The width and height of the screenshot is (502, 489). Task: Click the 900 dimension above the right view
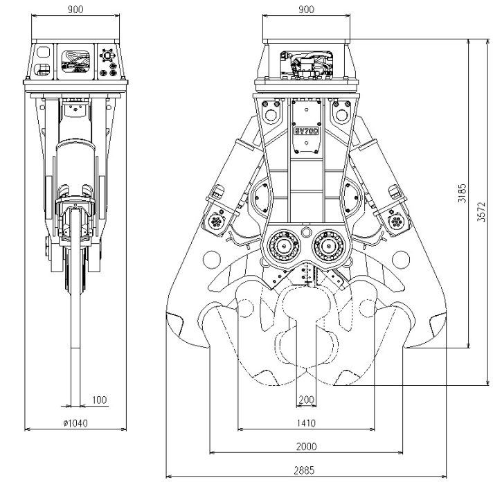click(305, 10)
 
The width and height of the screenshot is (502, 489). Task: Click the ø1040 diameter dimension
click(75, 423)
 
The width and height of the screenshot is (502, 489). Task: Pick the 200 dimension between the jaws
click(305, 400)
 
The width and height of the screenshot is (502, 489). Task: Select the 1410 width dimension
click(305, 423)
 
